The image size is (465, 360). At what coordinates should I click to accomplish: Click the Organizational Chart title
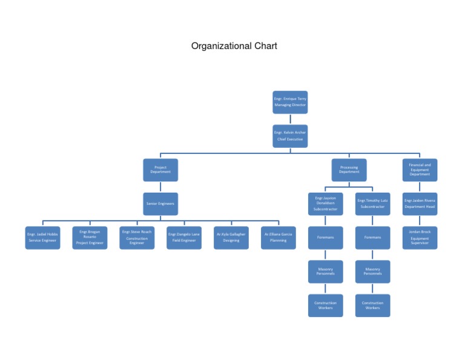coord(234,46)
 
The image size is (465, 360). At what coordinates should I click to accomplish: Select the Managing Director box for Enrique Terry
coord(290,102)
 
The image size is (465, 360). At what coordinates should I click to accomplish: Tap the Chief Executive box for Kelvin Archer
coord(290,136)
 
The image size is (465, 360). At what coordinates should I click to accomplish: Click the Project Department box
coord(160,170)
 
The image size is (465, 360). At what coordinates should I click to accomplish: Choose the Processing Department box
coord(349,170)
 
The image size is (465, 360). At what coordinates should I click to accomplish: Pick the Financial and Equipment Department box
coord(420,170)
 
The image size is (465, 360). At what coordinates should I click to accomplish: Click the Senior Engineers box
coord(160,204)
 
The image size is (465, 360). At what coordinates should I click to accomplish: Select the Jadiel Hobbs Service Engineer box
coord(42,238)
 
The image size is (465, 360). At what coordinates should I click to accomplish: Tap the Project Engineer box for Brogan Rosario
coord(90,238)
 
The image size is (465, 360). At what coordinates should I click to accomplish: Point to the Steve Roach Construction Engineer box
coord(137,238)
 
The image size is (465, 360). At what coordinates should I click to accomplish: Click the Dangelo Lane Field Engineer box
coord(184,238)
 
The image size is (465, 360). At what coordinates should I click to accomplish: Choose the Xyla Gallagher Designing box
coord(231,238)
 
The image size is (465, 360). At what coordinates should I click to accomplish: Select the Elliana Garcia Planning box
coord(279,238)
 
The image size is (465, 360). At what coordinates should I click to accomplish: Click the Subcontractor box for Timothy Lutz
coord(372,204)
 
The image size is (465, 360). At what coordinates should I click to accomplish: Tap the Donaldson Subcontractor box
coord(325,204)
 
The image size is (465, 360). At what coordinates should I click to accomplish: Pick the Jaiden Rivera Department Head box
coord(420,204)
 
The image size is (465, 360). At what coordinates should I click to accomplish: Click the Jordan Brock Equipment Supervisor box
coord(420,238)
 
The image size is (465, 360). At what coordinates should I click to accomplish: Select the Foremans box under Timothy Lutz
coord(372,238)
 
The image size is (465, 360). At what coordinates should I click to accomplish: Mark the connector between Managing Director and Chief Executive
coord(290,119)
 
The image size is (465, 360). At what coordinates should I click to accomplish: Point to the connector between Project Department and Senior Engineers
coord(160,187)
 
